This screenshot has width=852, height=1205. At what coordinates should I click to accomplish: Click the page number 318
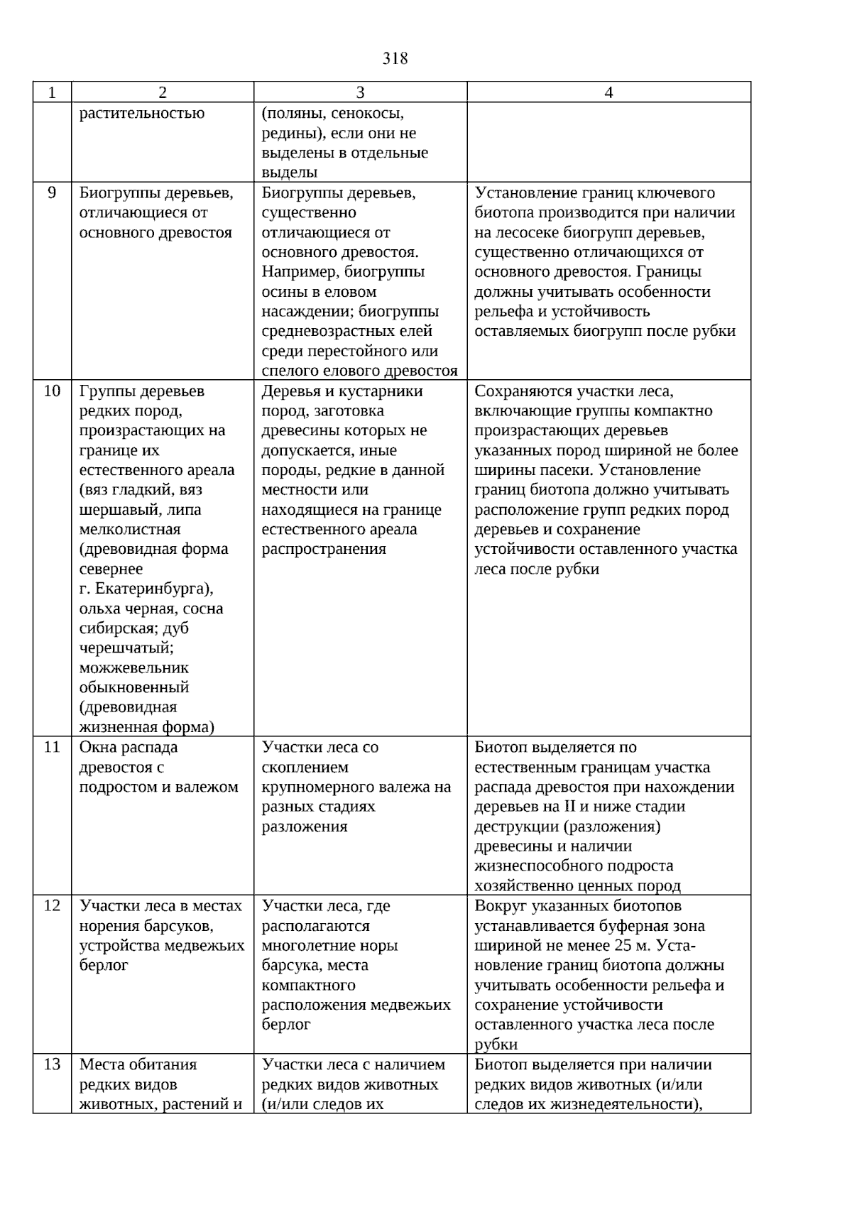395,58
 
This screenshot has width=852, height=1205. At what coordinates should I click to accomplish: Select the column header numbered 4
608,92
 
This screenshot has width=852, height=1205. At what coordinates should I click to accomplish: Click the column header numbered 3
360,92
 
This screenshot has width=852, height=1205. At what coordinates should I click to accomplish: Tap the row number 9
52,192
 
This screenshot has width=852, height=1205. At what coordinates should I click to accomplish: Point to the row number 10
52,391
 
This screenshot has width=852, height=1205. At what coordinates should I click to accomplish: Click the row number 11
52,747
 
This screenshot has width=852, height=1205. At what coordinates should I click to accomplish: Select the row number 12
52,905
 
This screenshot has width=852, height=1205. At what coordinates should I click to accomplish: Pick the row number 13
52,1064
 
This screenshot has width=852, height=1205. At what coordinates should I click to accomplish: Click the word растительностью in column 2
142,113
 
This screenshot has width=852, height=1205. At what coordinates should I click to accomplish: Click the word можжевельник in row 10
134,667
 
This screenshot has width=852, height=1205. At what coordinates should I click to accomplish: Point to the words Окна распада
129,747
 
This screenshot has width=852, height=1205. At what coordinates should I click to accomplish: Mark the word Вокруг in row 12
498,905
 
